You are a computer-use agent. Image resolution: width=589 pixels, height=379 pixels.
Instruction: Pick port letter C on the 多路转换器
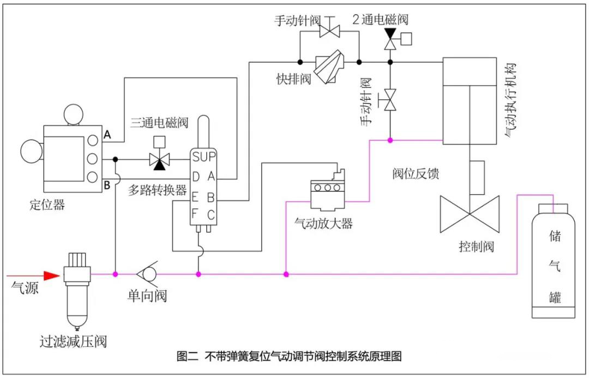tap(211, 216)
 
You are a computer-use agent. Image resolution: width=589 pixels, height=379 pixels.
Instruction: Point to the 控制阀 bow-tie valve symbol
tap(470, 214)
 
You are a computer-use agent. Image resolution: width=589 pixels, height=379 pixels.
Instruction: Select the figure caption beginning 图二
tap(289, 357)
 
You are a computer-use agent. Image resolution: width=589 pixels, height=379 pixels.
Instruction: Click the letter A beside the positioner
tap(107, 135)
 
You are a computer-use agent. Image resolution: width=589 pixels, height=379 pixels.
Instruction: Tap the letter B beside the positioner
tap(107, 184)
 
